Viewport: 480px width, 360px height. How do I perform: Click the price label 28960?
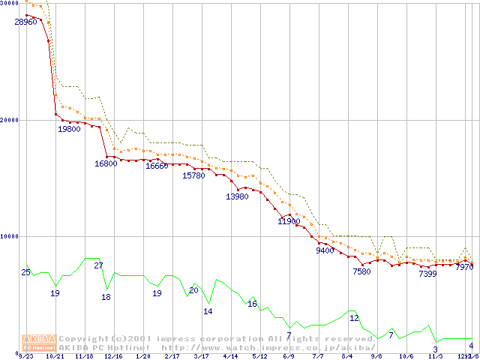pyautogui.click(x=25, y=22)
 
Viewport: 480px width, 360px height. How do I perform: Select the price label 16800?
pyautogui.click(x=106, y=163)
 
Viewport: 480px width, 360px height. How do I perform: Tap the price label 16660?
pyautogui.click(x=157, y=166)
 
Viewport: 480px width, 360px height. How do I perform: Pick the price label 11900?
pyautogui.click(x=289, y=221)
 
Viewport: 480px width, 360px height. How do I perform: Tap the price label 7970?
pyautogui.click(x=464, y=267)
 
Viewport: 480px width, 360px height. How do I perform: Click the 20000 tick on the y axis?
pyautogui.click(x=9, y=120)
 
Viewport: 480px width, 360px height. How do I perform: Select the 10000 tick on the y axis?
pyautogui.click(x=9, y=236)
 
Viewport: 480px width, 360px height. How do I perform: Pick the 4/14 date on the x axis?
pyautogui.click(x=231, y=356)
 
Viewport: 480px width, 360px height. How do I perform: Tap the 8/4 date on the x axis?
pyautogui.click(x=347, y=356)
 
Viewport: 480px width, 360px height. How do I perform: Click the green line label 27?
pyautogui.click(x=98, y=265)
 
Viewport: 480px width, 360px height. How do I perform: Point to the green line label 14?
pyautogui.click(x=208, y=311)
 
